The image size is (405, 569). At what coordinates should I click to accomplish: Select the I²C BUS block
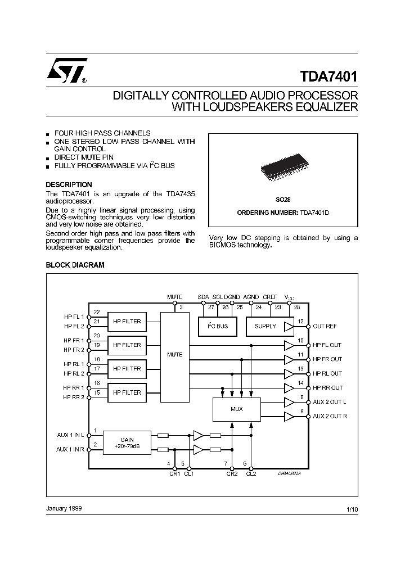217,326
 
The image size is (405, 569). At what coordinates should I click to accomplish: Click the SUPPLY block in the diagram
265,326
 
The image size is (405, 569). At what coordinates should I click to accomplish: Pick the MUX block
237,409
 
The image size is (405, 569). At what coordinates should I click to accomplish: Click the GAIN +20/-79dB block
127,442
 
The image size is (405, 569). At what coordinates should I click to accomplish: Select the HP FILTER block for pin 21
127,322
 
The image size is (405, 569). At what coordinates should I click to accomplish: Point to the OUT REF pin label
325,326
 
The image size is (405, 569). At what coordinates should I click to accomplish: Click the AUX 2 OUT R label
330,416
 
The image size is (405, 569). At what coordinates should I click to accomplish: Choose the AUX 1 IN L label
70,435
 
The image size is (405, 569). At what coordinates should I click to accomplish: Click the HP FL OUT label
327,345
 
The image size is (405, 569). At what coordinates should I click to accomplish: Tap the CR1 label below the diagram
174,474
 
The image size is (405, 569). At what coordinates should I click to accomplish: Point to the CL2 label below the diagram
251,474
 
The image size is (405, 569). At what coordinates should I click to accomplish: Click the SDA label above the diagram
204,297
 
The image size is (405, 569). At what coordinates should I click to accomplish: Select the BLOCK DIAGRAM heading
75,265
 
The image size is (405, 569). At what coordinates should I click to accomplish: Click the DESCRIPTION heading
69,185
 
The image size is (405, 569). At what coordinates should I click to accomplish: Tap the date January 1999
64,508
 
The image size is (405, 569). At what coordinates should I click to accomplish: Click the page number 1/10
352,508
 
